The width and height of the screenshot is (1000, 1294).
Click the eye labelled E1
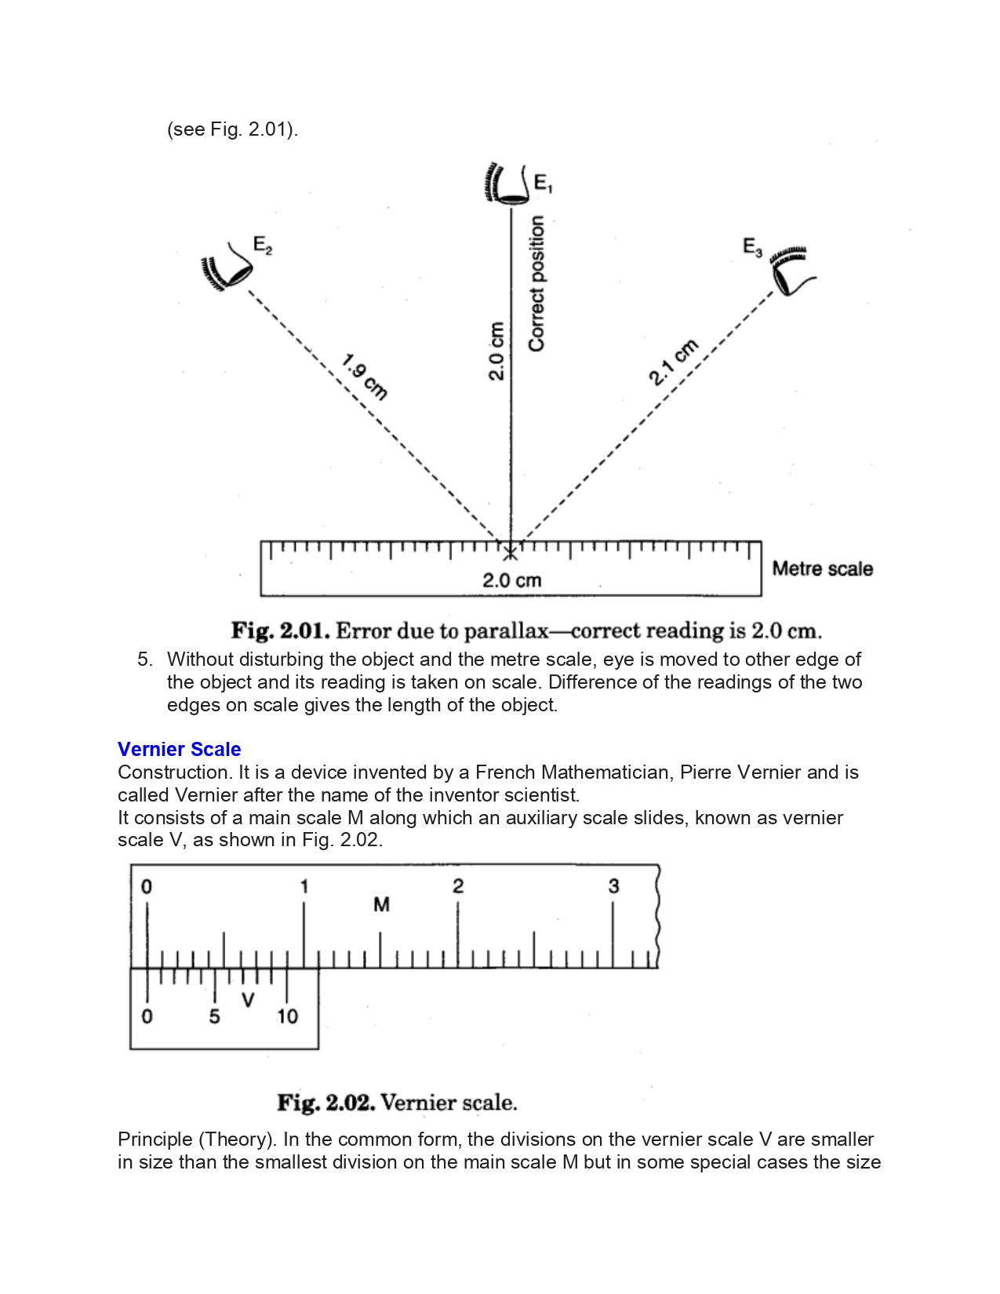tap(506, 184)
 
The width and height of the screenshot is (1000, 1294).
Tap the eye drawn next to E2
tap(227, 267)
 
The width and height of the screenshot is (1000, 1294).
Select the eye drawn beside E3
tap(791, 271)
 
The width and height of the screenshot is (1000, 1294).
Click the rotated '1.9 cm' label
tap(365, 377)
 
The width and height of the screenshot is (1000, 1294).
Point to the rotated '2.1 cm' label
tap(673, 362)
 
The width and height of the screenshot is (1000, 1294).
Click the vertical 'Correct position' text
tap(536, 283)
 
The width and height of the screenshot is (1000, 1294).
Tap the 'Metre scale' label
tap(822, 569)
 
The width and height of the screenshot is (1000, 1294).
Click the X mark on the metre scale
tap(511, 553)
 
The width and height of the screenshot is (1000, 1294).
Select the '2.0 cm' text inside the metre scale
tap(511, 580)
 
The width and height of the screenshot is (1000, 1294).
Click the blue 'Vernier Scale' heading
tap(179, 749)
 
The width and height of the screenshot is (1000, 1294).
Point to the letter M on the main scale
tap(381, 905)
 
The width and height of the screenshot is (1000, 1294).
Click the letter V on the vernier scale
tap(248, 1000)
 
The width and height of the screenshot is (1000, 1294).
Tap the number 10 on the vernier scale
tap(287, 1016)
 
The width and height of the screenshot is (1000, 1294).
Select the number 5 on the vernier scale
tap(214, 1016)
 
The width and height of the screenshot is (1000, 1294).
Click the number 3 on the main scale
tap(613, 886)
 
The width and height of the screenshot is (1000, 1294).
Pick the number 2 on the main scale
tap(458, 886)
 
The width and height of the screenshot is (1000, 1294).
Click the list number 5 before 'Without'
tap(144, 659)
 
